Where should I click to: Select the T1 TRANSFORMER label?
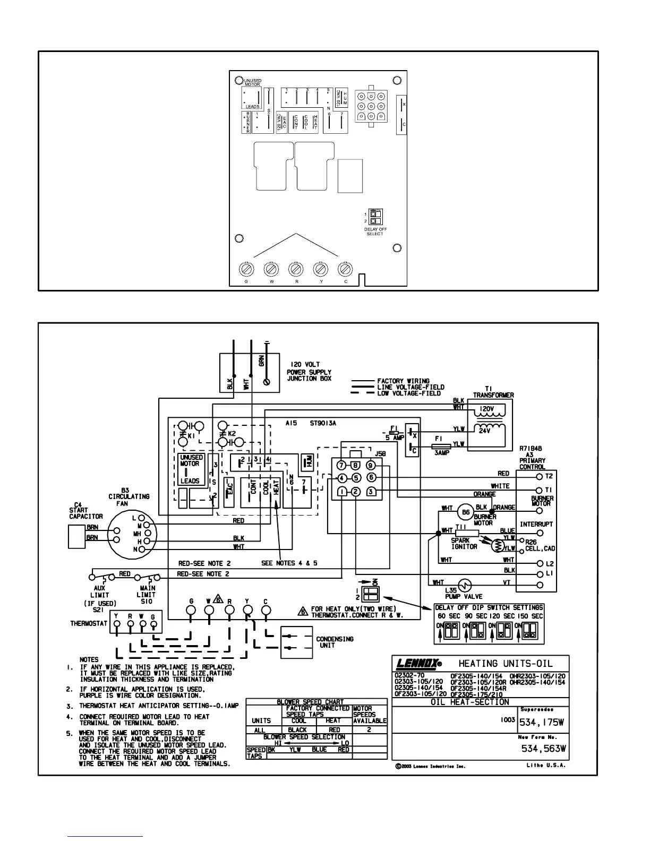[x=493, y=392]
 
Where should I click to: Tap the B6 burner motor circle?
[x=466, y=512]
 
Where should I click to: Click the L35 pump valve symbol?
[x=466, y=585]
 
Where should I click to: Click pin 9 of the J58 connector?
[x=371, y=466]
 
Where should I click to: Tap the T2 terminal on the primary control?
[x=540, y=476]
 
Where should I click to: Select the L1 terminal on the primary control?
[x=540, y=574]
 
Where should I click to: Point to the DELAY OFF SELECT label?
[x=375, y=231]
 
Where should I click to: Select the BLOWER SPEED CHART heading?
[x=318, y=702]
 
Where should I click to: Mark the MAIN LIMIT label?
[x=147, y=591]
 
